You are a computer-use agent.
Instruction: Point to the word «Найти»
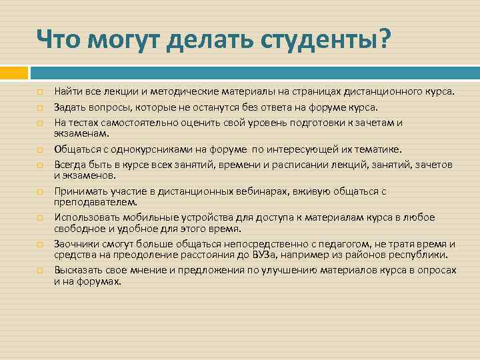[x=69, y=91]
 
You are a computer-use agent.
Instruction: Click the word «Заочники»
[x=75, y=244]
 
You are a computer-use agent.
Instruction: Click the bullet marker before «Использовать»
[x=40, y=218]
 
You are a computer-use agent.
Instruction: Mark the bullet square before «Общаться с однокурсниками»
[x=40, y=150]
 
